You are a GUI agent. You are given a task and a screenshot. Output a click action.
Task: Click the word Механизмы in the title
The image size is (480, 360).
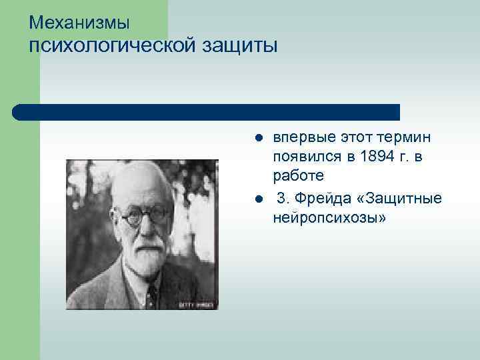(x=79, y=23)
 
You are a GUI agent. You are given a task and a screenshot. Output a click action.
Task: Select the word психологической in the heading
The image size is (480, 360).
(x=111, y=47)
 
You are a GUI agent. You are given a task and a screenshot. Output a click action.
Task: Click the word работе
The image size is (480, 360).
(x=298, y=176)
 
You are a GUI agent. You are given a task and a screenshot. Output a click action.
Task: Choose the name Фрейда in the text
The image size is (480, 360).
(x=324, y=199)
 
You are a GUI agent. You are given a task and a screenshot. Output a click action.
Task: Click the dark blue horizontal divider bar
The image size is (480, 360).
(x=207, y=111)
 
